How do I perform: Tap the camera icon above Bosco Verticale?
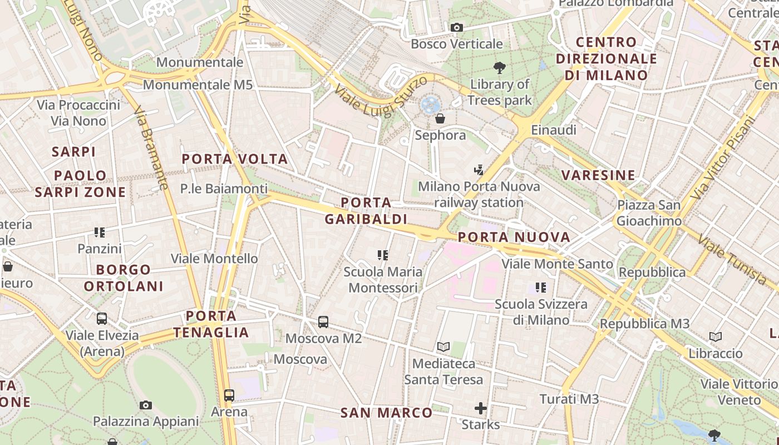click(x=456, y=27)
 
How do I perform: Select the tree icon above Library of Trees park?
click(x=500, y=68)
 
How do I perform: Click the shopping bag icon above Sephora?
click(x=440, y=118)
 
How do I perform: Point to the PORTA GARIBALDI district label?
click(x=366, y=211)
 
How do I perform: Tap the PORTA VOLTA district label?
click(x=235, y=159)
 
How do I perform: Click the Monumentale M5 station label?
click(x=198, y=85)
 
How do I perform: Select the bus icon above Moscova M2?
click(x=323, y=322)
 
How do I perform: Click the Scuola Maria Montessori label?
click(x=383, y=280)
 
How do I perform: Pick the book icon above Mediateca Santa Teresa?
click(x=443, y=347)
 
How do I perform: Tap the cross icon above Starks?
click(x=481, y=409)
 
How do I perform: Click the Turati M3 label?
click(x=569, y=399)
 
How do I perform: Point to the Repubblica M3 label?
click(x=644, y=324)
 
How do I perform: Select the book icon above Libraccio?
click(x=716, y=337)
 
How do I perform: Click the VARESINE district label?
click(x=598, y=176)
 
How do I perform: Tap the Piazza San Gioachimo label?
click(x=649, y=213)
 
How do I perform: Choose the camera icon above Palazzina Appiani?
click(x=146, y=405)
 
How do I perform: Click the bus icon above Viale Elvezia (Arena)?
click(x=102, y=319)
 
